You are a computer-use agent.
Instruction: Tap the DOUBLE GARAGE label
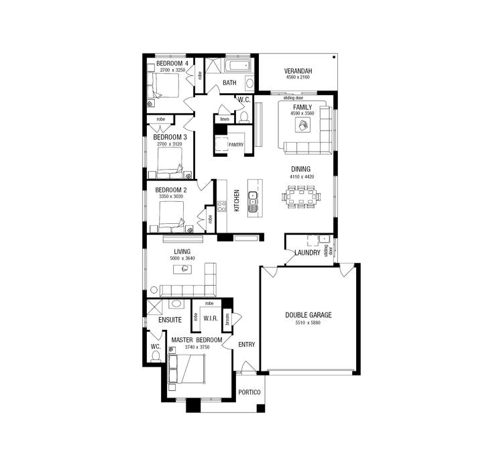308,314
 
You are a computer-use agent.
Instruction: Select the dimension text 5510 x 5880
308,323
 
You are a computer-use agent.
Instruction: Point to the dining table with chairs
302,196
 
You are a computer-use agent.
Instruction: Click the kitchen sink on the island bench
254,198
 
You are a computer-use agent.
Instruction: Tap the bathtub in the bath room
237,66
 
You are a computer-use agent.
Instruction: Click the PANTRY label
235,144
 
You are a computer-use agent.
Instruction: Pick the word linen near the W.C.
225,119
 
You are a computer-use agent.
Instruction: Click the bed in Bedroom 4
164,86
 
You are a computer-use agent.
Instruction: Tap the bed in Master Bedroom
190,369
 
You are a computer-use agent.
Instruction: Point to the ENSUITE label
170,321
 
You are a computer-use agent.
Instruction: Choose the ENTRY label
247,345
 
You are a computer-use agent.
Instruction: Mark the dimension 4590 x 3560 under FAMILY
302,114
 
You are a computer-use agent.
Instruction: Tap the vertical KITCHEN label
237,200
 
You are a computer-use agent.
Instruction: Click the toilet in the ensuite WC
156,356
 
